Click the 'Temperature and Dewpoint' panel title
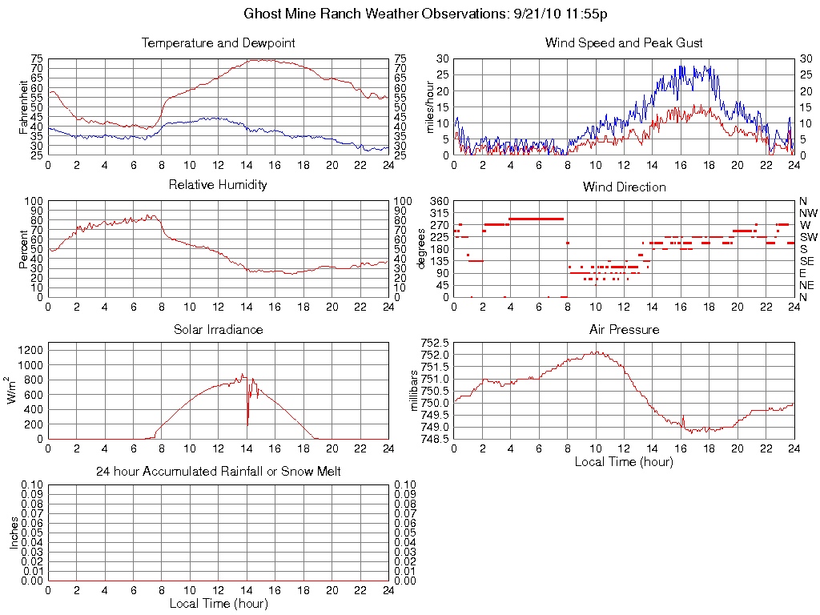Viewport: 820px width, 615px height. coord(218,42)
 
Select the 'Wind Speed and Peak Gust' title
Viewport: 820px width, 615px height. coord(624,42)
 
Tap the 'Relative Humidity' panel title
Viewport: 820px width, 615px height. coord(218,185)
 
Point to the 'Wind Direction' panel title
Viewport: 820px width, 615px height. coord(624,187)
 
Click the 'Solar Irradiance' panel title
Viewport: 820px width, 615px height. coord(218,329)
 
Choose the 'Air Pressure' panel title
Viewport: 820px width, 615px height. coord(624,329)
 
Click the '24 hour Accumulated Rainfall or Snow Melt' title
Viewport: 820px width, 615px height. coord(218,472)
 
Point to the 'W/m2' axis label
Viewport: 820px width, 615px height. coord(14,391)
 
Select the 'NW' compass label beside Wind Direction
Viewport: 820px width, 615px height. coord(808,213)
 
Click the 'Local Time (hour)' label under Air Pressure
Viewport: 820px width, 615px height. coord(624,461)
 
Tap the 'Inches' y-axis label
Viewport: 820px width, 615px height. coord(14,533)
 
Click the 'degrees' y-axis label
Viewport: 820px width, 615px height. coord(421,249)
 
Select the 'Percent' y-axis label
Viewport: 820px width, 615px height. coord(23,249)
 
